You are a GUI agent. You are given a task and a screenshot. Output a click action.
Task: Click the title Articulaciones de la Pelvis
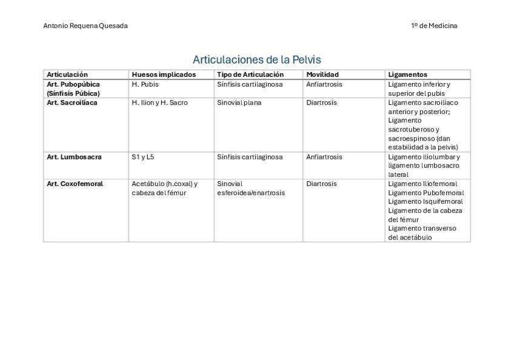(256, 59)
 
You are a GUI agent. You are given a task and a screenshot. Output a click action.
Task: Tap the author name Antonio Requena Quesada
(85, 26)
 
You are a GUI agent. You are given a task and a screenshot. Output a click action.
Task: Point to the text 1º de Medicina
(434, 26)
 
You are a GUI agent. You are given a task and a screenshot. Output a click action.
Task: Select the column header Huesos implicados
(164, 75)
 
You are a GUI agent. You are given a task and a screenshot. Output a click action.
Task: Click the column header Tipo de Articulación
(250, 75)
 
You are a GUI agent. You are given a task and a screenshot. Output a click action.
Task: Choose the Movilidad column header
(322, 75)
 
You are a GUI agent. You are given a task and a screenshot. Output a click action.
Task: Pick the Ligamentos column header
(407, 75)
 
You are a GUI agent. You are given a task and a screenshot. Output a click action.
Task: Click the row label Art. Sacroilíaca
(72, 102)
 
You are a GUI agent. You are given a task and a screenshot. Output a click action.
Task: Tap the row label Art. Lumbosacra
(74, 156)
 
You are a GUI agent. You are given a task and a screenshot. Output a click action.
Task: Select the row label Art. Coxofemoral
(75, 184)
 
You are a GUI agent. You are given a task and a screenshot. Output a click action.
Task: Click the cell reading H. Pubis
(145, 84)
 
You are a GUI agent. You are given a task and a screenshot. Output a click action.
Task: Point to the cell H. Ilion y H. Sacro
(159, 102)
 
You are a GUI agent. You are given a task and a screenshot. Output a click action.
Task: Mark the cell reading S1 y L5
(142, 156)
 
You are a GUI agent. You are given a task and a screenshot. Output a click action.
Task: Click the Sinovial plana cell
(239, 102)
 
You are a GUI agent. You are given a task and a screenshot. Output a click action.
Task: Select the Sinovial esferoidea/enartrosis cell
(250, 188)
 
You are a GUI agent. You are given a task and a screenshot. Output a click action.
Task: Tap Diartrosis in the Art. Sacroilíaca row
(321, 102)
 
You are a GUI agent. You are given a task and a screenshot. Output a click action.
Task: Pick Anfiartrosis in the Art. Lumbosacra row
(324, 156)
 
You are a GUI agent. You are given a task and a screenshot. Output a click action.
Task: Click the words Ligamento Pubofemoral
(426, 193)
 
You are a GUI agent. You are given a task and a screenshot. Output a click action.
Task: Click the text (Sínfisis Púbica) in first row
(73, 93)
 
